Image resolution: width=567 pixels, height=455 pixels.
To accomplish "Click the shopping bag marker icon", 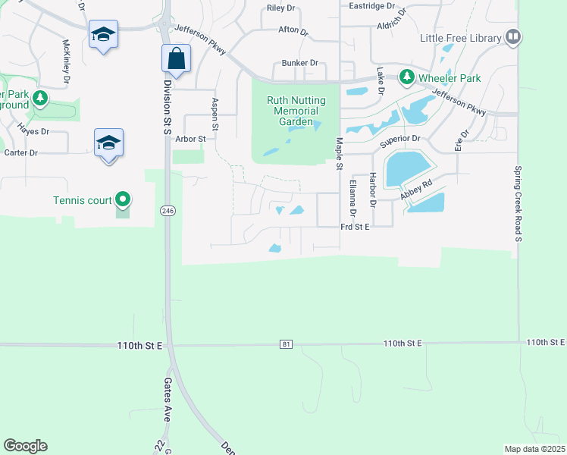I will (x=176, y=58).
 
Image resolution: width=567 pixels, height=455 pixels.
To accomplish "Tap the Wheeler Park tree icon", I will (x=407, y=77).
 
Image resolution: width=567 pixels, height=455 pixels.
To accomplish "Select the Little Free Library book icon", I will (x=513, y=36).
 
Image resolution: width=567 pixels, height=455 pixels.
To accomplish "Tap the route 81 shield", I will (x=285, y=345).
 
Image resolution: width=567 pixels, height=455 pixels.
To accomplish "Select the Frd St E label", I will (x=355, y=226).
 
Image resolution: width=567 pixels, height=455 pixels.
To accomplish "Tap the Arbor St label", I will (x=190, y=139).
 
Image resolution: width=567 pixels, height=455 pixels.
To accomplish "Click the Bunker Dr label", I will (x=299, y=63).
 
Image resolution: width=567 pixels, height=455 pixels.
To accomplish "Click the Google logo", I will (x=25, y=446).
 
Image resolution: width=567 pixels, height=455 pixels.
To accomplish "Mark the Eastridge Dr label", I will (x=372, y=5).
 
